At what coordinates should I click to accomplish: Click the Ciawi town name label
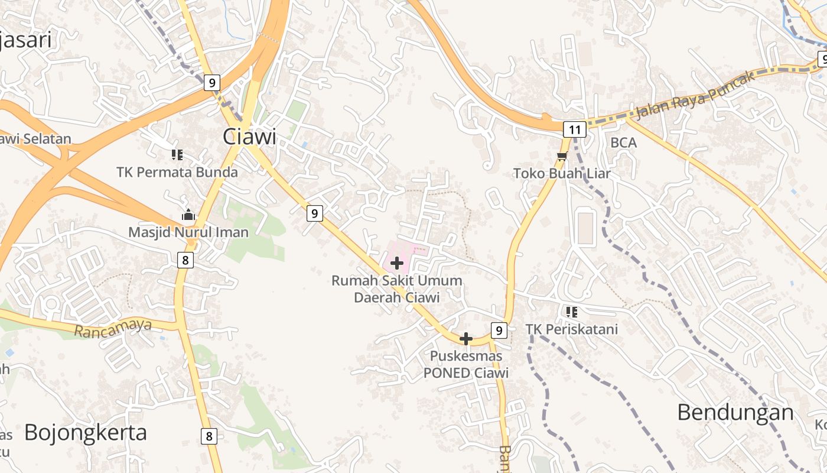tap(249, 137)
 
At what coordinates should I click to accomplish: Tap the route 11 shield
tap(574, 129)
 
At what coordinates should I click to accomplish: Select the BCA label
tap(623, 142)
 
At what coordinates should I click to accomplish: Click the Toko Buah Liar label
tap(562, 173)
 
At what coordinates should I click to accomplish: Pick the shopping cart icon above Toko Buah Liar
tap(562, 157)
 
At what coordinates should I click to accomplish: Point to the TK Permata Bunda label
tap(177, 172)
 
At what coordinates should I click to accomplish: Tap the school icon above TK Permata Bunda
tap(177, 155)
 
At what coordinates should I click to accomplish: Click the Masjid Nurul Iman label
tap(188, 232)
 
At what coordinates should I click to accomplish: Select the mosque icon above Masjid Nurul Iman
tap(188, 215)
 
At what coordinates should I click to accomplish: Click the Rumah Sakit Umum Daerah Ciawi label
tap(397, 289)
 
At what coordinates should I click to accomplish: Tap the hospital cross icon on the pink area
tap(397, 263)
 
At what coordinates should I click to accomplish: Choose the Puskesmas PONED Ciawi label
tap(466, 364)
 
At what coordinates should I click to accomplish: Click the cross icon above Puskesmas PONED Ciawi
tap(466, 339)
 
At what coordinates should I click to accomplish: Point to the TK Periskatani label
tap(572, 329)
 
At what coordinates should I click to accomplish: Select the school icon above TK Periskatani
tap(571, 312)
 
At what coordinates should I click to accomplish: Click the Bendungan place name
tap(735, 412)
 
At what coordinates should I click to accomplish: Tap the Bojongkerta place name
tap(86, 432)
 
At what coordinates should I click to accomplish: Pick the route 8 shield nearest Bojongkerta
tap(209, 436)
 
